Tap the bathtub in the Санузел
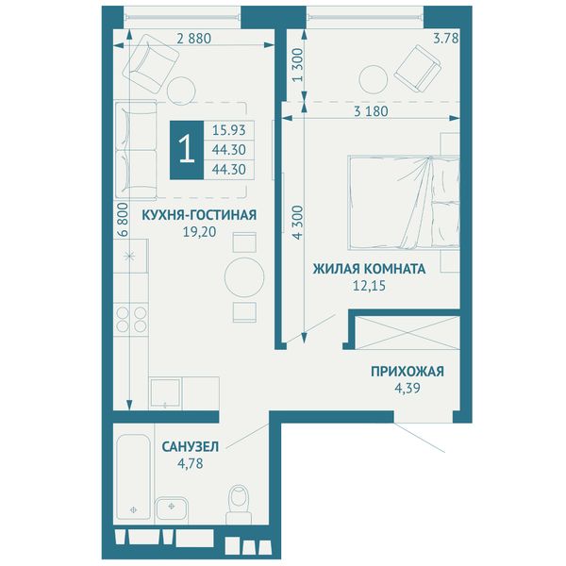[x=133, y=476]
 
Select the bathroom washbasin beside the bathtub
[x=172, y=510]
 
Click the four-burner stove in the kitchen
[x=131, y=320]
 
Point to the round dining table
[x=244, y=277]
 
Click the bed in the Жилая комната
[x=404, y=203]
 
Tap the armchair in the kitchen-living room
[x=150, y=63]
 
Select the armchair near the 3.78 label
[x=418, y=69]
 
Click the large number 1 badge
[x=187, y=150]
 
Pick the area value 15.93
[x=229, y=130]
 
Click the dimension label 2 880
[x=193, y=39]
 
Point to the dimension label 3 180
[x=371, y=111]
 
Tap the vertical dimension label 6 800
[x=123, y=220]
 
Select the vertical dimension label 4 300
[x=297, y=223]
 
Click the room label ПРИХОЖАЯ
[x=408, y=372]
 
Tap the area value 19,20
[x=200, y=232]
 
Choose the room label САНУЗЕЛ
[x=191, y=447]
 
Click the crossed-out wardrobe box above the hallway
[x=408, y=333]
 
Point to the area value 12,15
[x=369, y=286]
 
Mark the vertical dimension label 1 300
[x=298, y=65]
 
